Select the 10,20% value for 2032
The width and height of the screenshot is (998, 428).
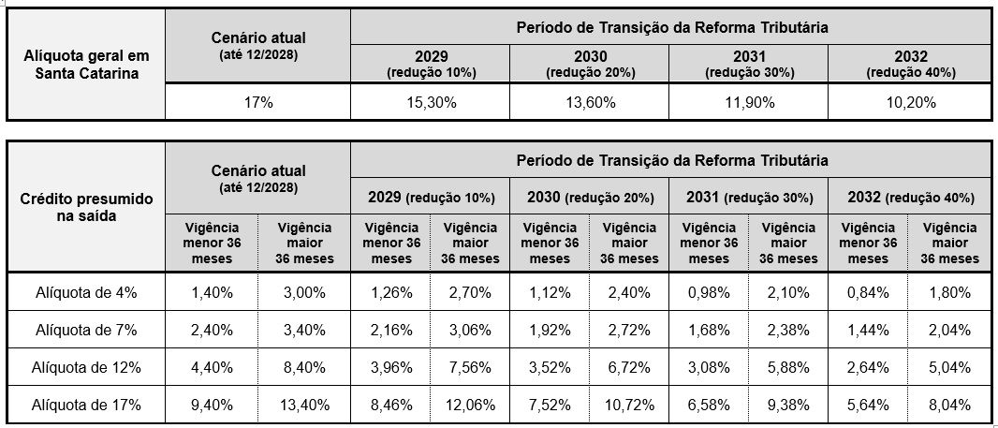(910, 103)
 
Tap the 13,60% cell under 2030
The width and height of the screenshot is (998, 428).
(589, 103)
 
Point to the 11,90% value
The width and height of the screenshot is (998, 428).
(748, 103)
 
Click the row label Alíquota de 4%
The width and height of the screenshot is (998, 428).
(86, 292)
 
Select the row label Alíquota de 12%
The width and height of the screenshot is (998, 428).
(86, 367)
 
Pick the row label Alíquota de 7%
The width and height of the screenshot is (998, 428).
(86, 330)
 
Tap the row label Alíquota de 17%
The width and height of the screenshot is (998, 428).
(86, 405)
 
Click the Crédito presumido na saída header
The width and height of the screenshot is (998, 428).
(86, 207)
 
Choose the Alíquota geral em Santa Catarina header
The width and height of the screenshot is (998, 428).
(86, 64)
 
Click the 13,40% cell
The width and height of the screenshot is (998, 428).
(304, 405)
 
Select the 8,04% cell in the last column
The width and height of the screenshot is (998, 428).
(949, 405)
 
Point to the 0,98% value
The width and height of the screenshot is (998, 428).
(709, 292)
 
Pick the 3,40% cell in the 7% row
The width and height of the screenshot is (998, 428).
(304, 330)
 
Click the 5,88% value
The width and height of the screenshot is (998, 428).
(787, 367)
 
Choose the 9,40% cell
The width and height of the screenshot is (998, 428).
(212, 405)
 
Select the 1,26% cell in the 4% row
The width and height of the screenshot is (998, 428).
(390, 292)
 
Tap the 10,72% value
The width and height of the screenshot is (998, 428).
(628, 405)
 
